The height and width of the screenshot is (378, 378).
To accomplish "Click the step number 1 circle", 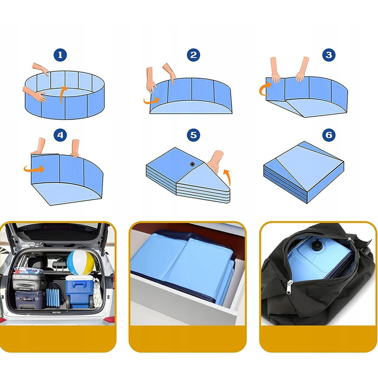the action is click(x=60, y=55).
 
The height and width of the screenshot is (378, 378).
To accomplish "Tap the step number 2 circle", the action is click(x=193, y=55).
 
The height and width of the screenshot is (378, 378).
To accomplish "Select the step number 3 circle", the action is click(x=329, y=55).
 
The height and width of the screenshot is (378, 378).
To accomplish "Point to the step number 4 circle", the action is click(x=60, y=135).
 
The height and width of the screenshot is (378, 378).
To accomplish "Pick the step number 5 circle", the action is click(x=193, y=135).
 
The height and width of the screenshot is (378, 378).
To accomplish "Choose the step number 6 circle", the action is click(x=329, y=135).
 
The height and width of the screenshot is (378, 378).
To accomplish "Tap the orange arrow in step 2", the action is click(x=151, y=101).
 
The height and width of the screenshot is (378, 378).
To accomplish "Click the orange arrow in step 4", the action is click(x=34, y=168).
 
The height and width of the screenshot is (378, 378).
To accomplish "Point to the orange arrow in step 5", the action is click(x=228, y=177).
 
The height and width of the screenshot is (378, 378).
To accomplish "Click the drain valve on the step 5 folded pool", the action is click(x=192, y=164).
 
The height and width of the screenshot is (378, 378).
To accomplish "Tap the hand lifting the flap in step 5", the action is click(x=215, y=161).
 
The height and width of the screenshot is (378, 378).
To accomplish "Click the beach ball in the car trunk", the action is click(x=80, y=263).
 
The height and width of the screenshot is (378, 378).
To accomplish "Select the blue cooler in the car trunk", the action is click(x=79, y=292).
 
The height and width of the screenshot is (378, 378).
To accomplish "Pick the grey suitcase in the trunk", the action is click(x=29, y=281).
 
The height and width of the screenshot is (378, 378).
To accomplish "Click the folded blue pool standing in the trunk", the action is click(x=55, y=295).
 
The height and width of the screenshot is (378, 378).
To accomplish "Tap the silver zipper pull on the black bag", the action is click(x=289, y=287).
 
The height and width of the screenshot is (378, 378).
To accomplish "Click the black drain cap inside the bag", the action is click(x=315, y=246).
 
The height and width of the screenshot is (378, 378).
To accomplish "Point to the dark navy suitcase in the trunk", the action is click(x=30, y=300).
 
